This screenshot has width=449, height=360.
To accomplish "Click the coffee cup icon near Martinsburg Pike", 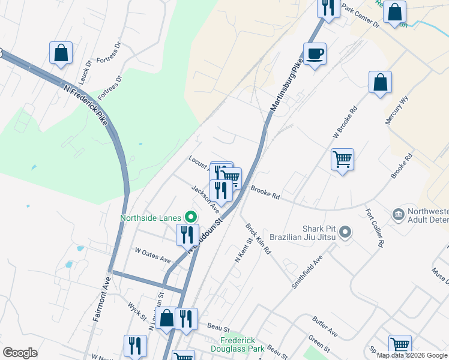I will click(315, 54).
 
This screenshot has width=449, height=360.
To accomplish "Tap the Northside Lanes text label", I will click(151, 217).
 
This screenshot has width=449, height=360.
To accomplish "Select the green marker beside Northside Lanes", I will click(191, 217).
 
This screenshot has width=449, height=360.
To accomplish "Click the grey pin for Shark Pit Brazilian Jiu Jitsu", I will click(344, 232).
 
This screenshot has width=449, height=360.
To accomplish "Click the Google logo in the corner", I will click(20, 353).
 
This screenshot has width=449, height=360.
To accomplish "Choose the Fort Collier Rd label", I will click(373, 229).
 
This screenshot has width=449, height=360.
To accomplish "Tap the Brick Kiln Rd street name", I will click(258, 239).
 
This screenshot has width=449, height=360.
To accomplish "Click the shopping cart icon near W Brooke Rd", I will click(342, 160).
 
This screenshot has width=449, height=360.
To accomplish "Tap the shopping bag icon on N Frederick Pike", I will click(61, 53).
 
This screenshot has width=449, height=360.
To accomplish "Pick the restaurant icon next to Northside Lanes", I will click(187, 234).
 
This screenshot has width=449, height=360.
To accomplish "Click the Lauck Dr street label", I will click(84, 71).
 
